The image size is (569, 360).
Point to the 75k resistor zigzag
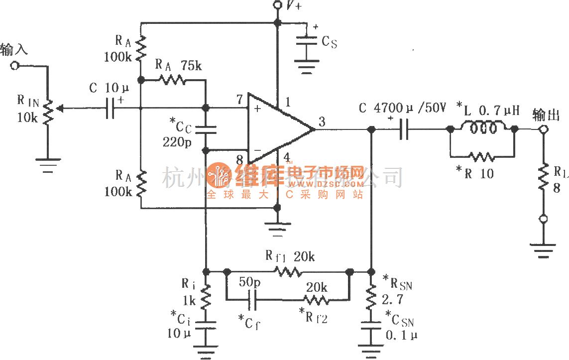click(x=172, y=79)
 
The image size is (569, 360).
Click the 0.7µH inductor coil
click(x=482, y=128)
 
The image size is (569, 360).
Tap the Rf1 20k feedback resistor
click(x=287, y=272)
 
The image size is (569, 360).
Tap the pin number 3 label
click(x=322, y=121)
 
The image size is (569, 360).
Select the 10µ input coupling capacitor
click(x=112, y=107)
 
